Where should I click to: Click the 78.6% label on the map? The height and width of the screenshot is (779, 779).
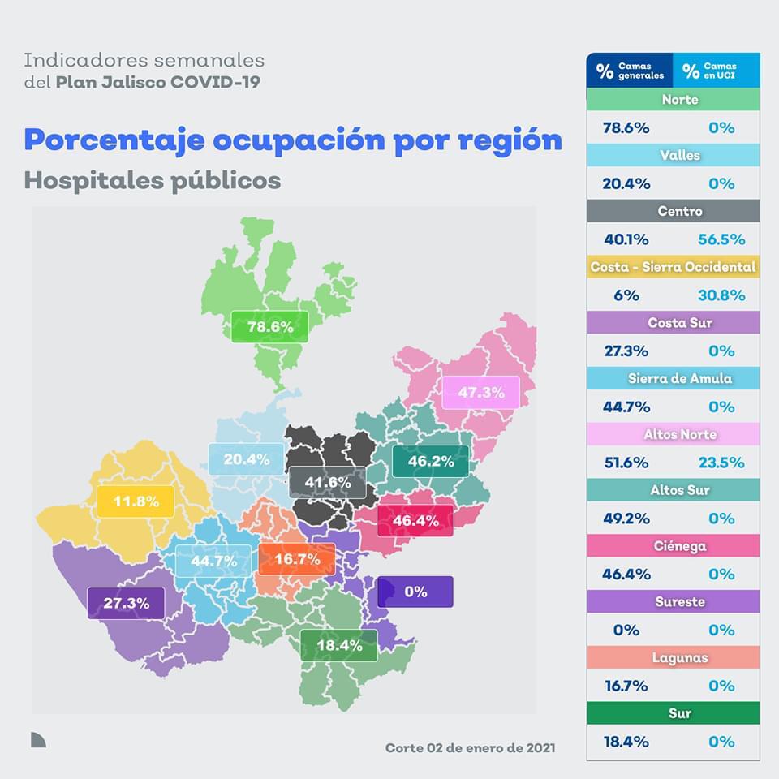tap(269, 327)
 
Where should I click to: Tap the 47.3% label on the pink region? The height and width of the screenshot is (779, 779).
tap(481, 393)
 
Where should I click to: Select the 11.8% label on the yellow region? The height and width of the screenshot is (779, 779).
tap(136, 501)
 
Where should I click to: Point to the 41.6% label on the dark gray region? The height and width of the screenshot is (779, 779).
tap(328, 483)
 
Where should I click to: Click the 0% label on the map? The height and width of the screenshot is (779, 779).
tap(415, 592)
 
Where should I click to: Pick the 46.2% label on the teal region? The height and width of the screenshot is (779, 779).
tap(430, 461)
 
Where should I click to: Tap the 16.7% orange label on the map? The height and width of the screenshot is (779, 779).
tap(296, 559)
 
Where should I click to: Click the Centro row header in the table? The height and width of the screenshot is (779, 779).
tap(673, 211)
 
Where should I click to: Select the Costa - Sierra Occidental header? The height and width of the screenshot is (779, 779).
tap(673, 267)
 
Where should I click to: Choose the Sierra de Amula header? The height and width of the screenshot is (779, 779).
tap(673, 378)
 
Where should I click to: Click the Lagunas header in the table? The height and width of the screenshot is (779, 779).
tap(673, 657)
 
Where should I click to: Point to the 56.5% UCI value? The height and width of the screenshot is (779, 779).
tap(721, 239)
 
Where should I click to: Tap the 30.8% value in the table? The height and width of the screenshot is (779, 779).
tap(721, 295)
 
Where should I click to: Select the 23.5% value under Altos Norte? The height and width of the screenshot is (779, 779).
tap(721, 463)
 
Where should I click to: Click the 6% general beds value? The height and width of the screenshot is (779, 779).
tap(626, 295)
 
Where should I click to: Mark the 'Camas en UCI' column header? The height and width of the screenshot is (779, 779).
tap(716, 71)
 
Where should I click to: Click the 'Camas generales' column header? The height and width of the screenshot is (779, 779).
tap(630, 71)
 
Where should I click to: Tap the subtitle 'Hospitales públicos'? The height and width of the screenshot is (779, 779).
tap(153, 180)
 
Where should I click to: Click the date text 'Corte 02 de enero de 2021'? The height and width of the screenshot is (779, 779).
tap(471, 747)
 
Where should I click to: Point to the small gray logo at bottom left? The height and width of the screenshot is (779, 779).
tap(38, 738)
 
